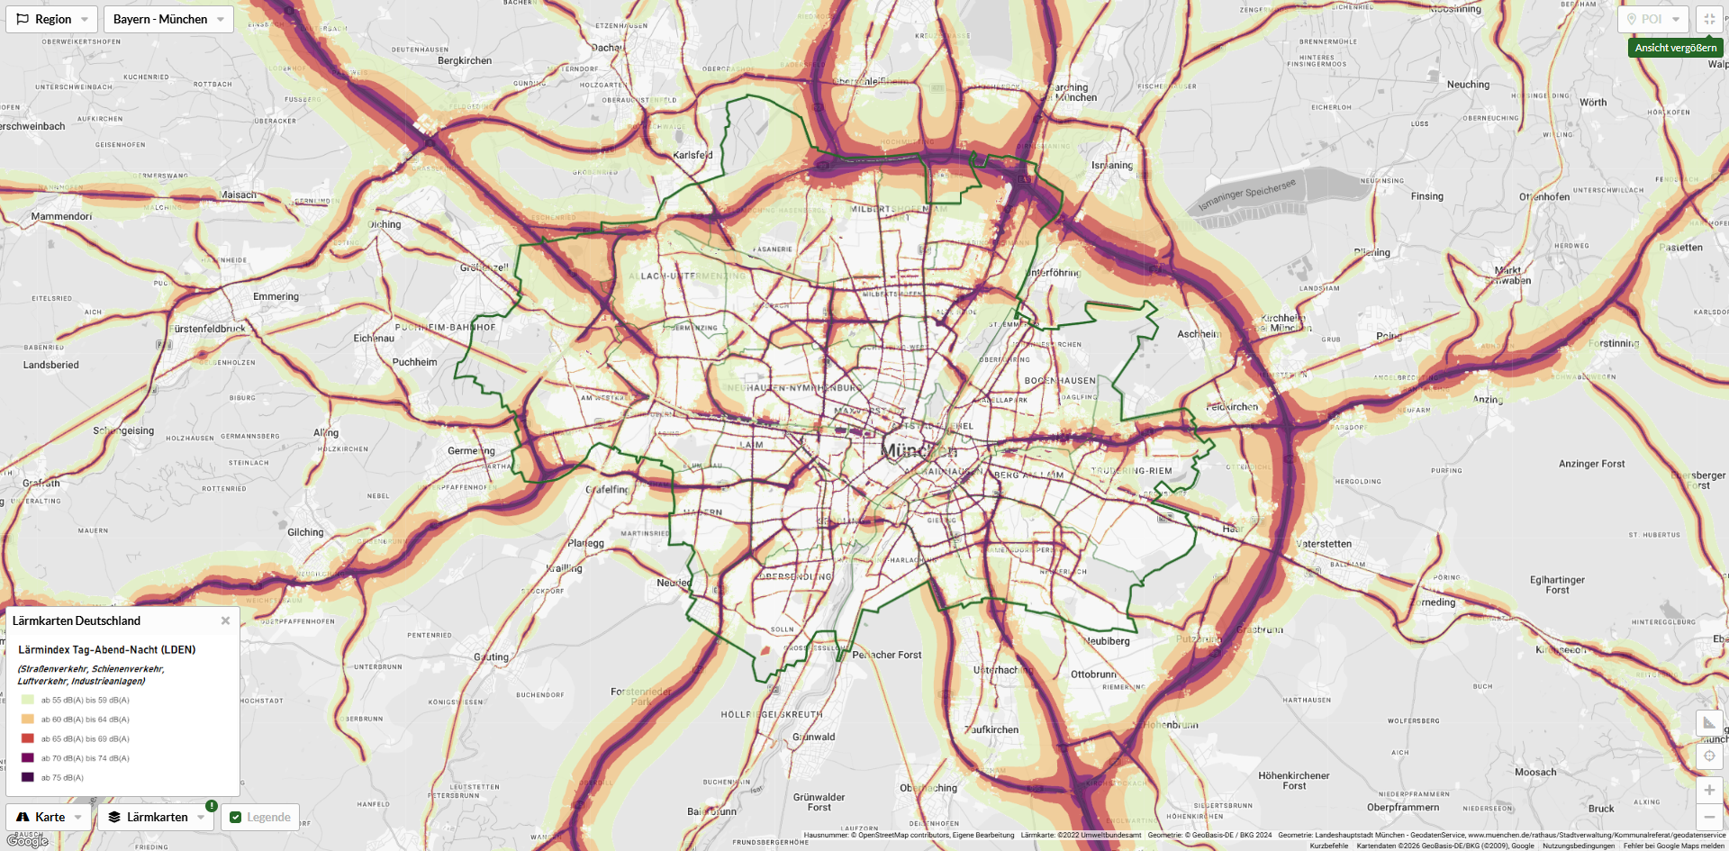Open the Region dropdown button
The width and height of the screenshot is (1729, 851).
coord(51,19)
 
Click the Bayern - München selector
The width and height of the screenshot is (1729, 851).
coord(168,19)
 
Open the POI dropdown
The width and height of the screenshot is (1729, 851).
coord(1652,19)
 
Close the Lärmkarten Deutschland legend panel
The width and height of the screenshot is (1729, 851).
coord(225,620)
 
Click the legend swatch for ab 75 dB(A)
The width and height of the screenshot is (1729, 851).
coord(28,777)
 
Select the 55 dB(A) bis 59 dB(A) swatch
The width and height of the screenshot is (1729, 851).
coord(28,700)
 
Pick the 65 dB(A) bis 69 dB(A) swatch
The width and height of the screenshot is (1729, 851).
coord(28,738)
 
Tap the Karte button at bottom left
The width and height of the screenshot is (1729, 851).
coord(49,817)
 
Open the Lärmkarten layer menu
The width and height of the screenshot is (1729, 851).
coord(156,817)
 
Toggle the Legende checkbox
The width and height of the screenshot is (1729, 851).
coord(236,817)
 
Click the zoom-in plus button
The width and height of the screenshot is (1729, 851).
coord(1709,790)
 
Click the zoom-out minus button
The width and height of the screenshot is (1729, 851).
coord(1709,817)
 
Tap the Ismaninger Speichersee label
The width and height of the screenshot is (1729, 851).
coord(1247,194)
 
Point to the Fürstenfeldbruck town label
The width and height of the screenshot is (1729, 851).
coord(209,329)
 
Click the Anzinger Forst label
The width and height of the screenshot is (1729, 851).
coord(1591,464)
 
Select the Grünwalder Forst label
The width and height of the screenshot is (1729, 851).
coord(819,801)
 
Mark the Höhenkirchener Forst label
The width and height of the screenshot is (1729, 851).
coord(1293,780)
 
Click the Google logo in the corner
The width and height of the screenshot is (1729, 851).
coord(27,841)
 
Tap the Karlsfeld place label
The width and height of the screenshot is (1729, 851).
coord(693,155)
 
